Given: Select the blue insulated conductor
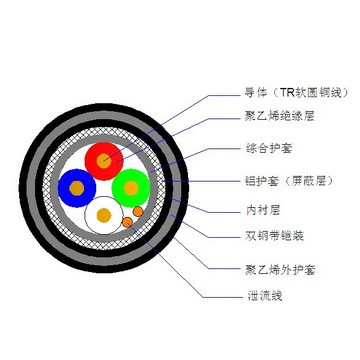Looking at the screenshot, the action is click(77, 185).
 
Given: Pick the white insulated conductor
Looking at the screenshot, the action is click(103, 213).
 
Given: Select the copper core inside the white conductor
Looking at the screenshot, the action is click(105, 215).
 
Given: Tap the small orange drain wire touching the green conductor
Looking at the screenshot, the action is click(138, 212).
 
